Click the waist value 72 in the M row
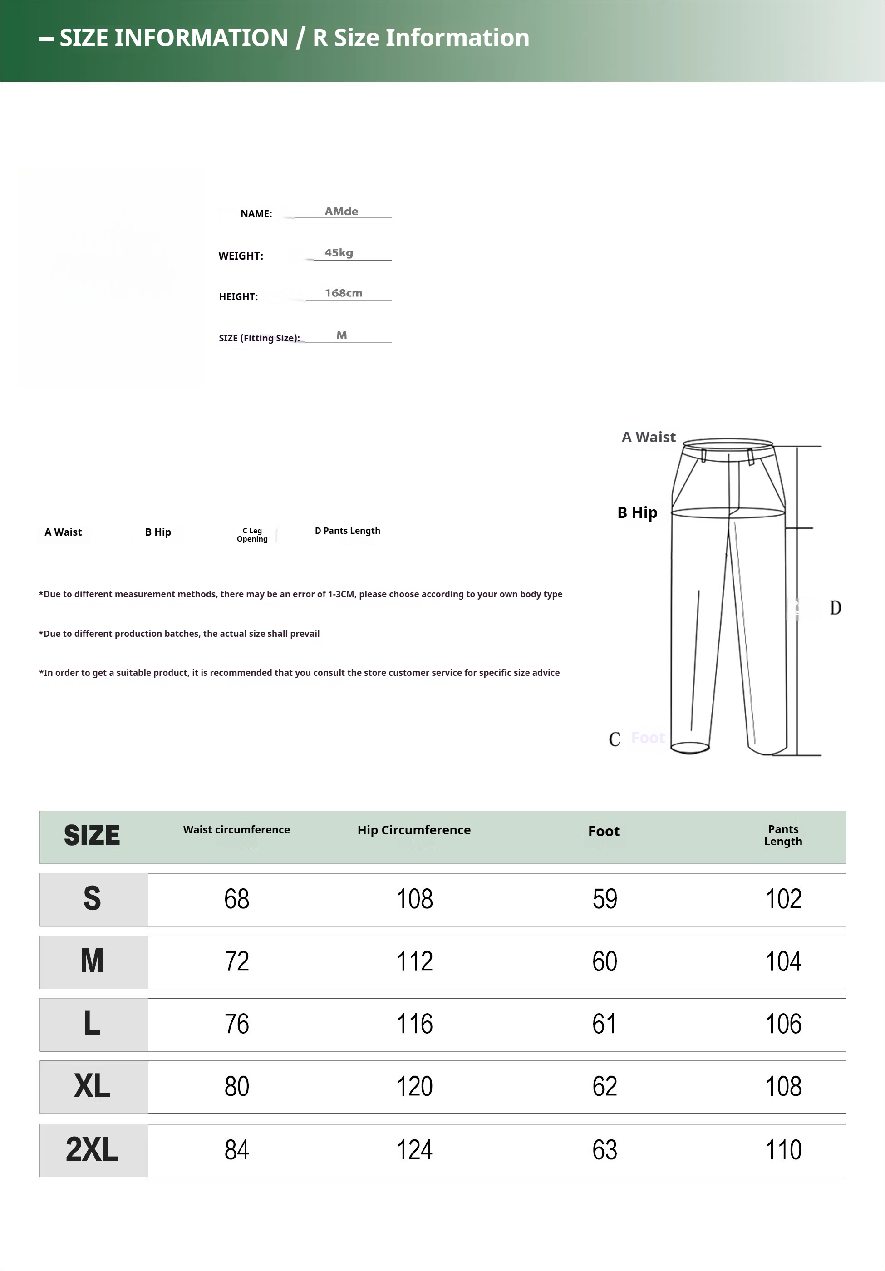(237, 961)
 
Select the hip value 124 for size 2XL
(414, 1150)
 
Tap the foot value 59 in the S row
(605, 899)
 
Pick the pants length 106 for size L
(783, 1024)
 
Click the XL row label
(92, 1087)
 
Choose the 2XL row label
(92, 1150)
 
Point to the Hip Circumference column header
(414, 830)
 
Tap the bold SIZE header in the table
(92, 835)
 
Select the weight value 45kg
(339, 252)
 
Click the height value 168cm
(343, 293)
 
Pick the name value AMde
(341, 211)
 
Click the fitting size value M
(341, 335)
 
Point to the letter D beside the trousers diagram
(835, 608)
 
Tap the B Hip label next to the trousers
(637, 512)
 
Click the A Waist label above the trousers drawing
(648, 437)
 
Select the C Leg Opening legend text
(252, 535)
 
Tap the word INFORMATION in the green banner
(202, 38)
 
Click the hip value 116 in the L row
(414, 1024)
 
